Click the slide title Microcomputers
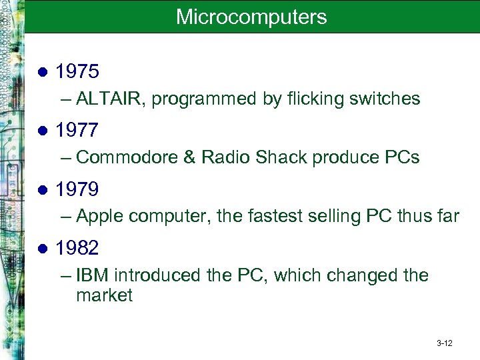coord(251,17)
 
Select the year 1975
coord(77,71)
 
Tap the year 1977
coord(77,130)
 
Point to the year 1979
coord(77,189)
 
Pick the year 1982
coord(77,248)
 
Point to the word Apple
coord(99,217)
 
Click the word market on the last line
coord(105,295)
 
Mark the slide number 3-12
coord(444,343)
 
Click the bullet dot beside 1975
coord(43,72)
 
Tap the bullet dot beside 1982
coord(43,249)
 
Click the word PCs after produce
coord(402,158)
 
